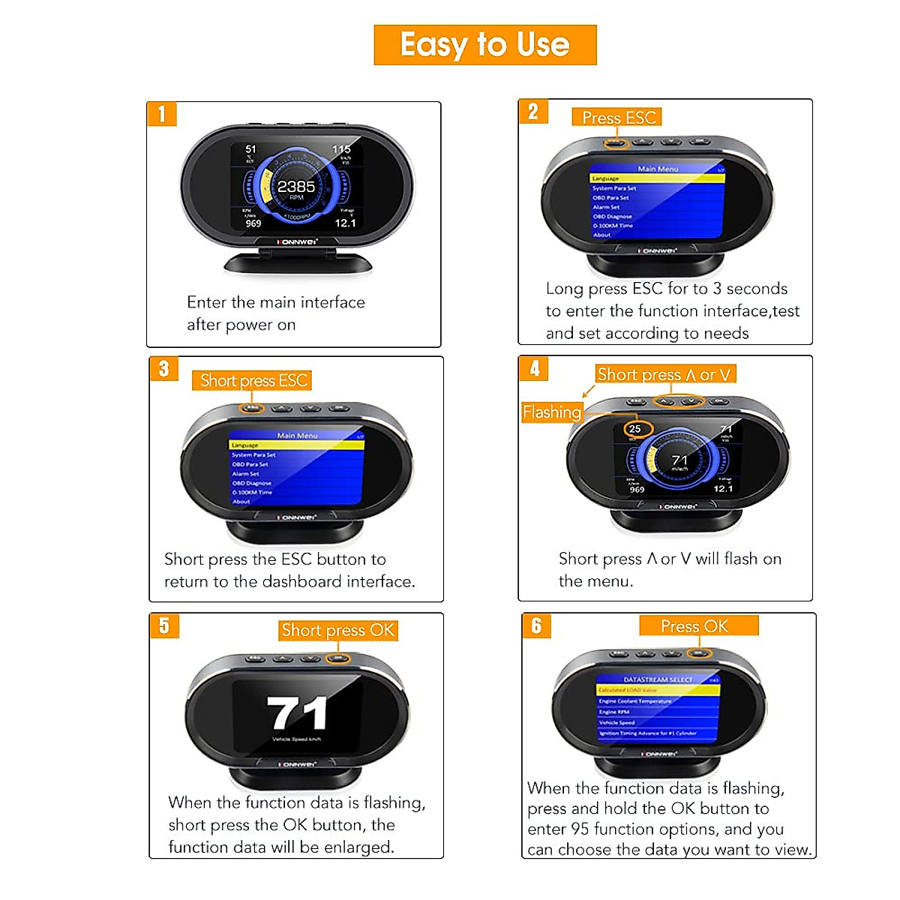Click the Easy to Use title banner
484,45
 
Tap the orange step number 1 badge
161,114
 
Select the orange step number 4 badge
534,368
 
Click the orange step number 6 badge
536,625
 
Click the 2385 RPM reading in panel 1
296,187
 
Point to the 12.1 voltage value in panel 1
345,223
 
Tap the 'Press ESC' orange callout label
618,118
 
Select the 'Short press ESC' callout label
253,381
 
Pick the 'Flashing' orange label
552,412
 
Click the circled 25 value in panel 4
637,429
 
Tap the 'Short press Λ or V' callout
663,374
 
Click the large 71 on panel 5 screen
297,713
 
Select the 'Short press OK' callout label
337,630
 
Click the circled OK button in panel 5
339,658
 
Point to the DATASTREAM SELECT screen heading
658,679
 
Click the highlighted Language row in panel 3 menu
296,445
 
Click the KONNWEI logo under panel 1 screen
298,242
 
